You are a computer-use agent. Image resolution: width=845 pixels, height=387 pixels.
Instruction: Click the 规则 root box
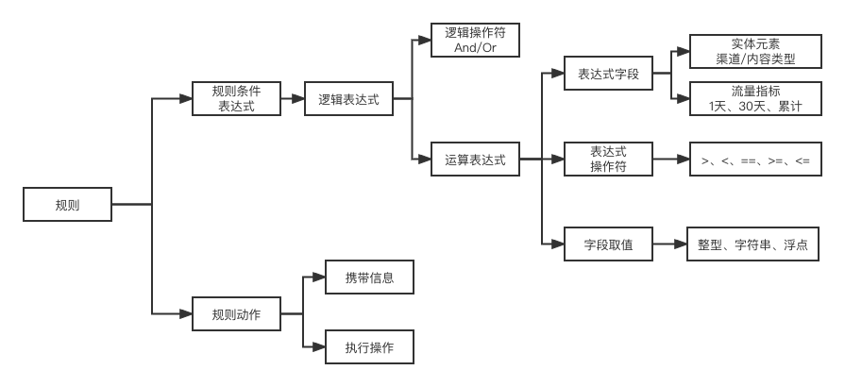tap(68, 205)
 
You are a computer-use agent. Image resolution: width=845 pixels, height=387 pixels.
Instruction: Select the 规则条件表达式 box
tap(236, 99)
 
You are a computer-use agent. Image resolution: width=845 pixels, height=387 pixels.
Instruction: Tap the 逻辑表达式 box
tap(348, 99)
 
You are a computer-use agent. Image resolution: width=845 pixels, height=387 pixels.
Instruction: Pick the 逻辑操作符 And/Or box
tap(476, 40)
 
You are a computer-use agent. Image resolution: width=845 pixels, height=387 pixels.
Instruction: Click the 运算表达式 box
tap(476, 160)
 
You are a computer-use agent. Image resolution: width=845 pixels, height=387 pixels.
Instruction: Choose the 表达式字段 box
tap(608, 75)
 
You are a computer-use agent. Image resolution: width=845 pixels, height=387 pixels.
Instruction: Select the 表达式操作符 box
tap(608, 160)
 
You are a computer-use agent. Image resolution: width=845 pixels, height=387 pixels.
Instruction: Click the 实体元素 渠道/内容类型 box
tap(755, 52)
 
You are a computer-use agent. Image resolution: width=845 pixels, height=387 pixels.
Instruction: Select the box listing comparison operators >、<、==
tap(755, 160)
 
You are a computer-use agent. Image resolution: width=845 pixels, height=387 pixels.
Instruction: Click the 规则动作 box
tap(236, 312)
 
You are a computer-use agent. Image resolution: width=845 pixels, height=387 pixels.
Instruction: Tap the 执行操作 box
tap(369, 346)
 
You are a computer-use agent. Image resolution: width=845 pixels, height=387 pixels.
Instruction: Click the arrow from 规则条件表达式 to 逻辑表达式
tap(293, 99)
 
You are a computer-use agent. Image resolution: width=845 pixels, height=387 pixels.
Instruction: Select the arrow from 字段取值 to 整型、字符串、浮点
tap(669, 244)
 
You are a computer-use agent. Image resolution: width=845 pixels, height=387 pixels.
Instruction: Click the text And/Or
tap(476, 47)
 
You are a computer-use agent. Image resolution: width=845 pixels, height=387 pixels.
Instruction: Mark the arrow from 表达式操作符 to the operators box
tap(669, 160)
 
